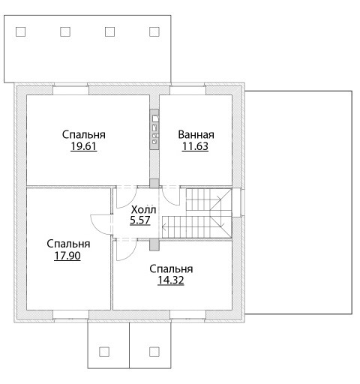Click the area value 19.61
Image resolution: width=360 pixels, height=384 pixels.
click(84, 146)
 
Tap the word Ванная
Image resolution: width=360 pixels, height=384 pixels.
click(196, 134)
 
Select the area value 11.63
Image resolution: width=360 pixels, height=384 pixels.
click(195, 146)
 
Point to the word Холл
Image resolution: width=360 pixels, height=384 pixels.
click(143, 209)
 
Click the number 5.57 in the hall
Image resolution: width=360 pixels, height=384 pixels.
click(140, 220)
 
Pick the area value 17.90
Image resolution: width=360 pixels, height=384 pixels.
click(67, 256)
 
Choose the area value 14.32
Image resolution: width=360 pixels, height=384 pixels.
click(171, 280)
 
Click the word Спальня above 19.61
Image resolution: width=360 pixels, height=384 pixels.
click(84, 134)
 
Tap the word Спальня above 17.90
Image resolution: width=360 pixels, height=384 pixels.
click(68, 244)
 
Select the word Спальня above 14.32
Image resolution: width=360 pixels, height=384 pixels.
click(171, 268)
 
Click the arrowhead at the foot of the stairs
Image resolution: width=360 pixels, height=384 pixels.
click(164, 228)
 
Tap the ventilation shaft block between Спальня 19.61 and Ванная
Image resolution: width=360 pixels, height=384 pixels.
click(154, 129)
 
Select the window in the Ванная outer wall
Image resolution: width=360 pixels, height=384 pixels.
click(187, 90)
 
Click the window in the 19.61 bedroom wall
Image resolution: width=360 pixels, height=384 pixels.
click(70, 90)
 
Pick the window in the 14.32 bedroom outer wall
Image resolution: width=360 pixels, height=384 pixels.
click(187, 315)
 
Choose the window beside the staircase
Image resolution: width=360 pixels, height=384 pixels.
click(241, 202)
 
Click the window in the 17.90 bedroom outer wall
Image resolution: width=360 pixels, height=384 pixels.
click(70, 315)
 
